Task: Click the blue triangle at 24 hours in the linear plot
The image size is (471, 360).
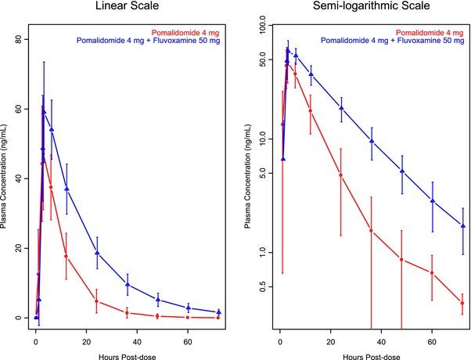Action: pos(97,253)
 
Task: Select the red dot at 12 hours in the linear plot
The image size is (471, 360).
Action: pos(67,256)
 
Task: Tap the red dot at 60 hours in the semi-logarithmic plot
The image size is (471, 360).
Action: pos(432,273)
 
